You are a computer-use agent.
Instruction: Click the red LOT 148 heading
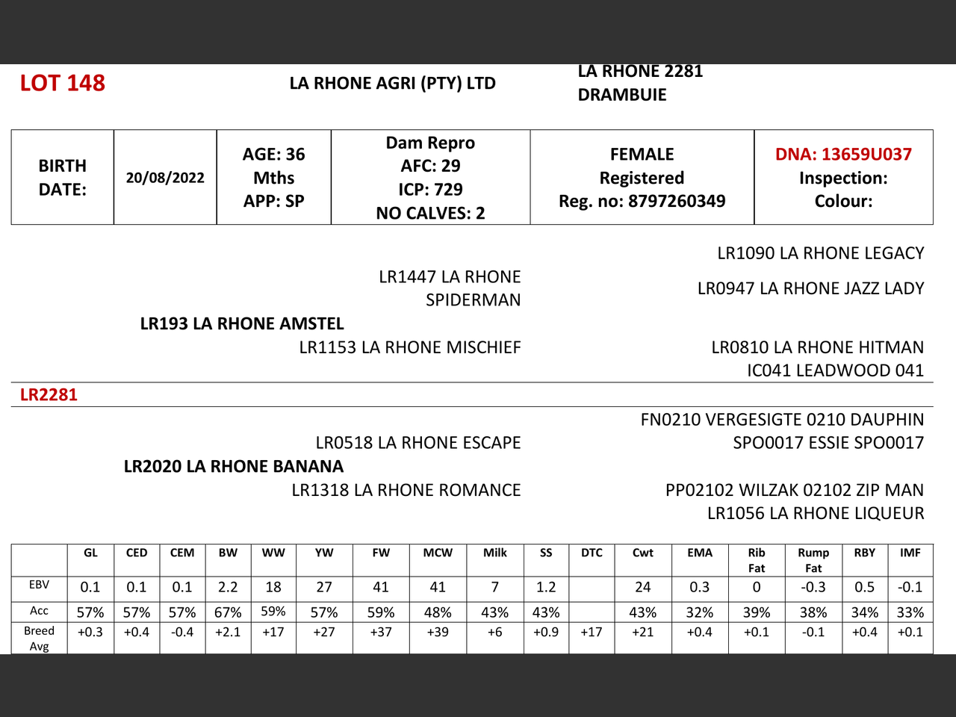pos(63,83)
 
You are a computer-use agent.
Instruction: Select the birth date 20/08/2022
pos(165,178)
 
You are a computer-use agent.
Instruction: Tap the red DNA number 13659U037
pos(843,155)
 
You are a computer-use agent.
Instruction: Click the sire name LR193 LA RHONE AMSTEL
pos(242,324)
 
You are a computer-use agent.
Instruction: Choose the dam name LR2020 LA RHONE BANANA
pos(234,467)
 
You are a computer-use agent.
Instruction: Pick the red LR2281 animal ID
pos(49,395)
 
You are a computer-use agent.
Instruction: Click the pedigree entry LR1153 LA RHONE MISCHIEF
pos(410,347)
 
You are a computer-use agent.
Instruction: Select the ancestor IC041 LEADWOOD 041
pos(835,370)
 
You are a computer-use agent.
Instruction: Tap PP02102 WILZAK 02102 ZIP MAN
pos(794,490)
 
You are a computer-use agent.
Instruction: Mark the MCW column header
pos(438,553)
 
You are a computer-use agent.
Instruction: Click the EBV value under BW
pos(228,587)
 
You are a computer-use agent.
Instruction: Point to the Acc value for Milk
pos(494,612)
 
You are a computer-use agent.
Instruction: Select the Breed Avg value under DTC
pos(592,632)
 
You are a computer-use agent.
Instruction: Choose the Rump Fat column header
pos(813,559)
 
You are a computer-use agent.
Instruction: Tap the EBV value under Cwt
pos(642,587)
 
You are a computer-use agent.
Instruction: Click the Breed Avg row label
pos(39,638)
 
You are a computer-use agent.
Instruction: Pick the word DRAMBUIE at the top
pos(622,95)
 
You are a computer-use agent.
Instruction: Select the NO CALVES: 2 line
pos(430,214)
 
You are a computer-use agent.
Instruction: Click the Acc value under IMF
pos(910,612)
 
